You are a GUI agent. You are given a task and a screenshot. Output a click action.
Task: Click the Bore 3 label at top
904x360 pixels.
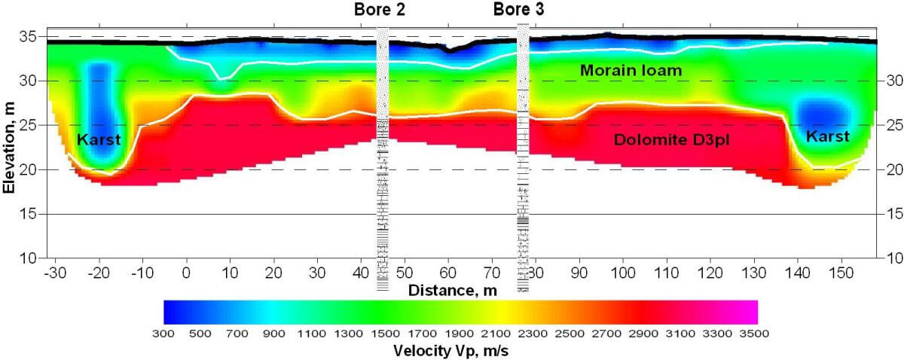click(x=519, y=10)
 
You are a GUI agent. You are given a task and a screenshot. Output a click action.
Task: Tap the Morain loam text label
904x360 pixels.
click(x=631, y=71)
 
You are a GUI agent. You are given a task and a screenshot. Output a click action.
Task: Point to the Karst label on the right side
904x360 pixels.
click(x=827, y=136)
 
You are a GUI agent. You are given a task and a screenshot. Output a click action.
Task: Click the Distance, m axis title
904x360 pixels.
click(x=451, y=289)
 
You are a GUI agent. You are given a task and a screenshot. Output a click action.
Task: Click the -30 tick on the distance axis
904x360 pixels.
click(x=53, y=270)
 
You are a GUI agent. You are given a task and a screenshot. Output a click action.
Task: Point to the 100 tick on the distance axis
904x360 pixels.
click(x=623, y=270)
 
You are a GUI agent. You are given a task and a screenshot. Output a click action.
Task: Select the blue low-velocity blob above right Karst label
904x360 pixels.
click(x=818, y=113)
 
